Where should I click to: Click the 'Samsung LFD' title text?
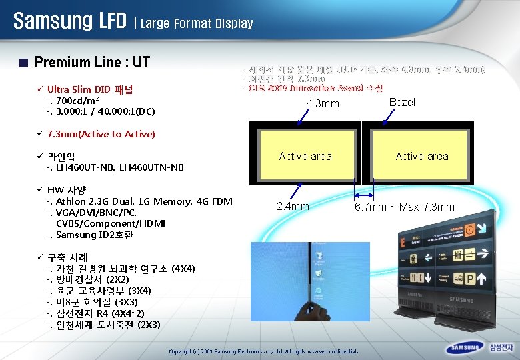point(69,21)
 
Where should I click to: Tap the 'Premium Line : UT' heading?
point(92,63)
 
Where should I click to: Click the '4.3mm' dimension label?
point(323,104)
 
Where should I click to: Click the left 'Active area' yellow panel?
point(305,157)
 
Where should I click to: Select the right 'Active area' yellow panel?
point(421,157)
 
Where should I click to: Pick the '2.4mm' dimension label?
point(293,207)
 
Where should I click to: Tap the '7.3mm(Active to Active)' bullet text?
point(101,134)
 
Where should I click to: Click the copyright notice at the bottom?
point(264,351)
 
